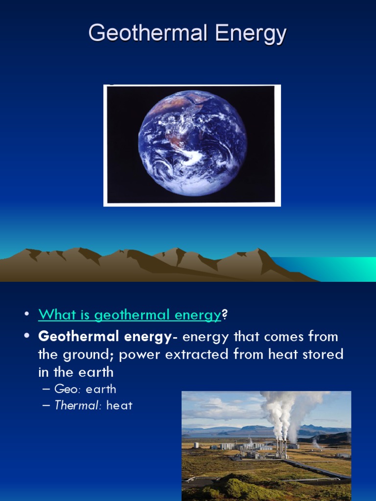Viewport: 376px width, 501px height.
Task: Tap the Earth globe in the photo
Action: [x=192, y=143]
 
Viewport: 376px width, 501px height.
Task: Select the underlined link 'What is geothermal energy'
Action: [x=130, y=315]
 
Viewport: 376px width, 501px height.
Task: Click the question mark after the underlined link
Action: [x=225, y=315]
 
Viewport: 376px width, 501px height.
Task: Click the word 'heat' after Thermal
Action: [x=119, y=405]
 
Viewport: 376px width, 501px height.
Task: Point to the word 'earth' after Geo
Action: [x=101, y=389]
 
